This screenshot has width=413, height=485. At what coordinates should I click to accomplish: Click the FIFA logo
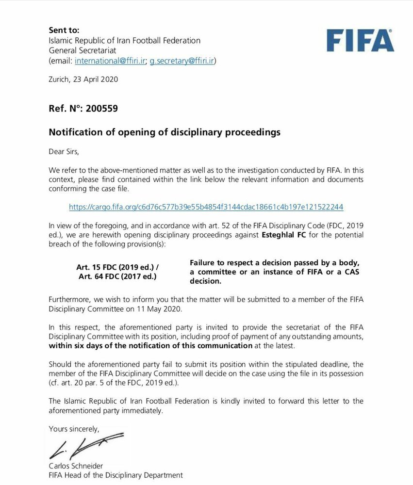(x=360, y=40)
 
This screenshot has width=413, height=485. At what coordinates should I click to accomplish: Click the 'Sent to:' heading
(x=64, y=30)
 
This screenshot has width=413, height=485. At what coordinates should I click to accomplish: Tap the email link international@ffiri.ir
(x=109, y=61)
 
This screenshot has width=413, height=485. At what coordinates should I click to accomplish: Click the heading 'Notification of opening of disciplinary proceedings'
(x=165, y=132)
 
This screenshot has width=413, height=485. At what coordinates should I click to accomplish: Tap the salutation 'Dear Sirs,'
(x=64, y=151)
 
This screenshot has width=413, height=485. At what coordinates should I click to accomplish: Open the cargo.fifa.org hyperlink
(x=206, y=207)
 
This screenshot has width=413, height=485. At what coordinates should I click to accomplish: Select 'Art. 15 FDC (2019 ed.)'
(x=117, y=267)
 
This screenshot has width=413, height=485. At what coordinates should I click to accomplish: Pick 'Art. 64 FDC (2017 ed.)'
(x=117, y=276)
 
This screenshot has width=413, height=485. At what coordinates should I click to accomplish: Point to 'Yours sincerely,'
(x=74, y=429)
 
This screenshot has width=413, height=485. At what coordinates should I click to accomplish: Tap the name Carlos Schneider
(x=76, y=466)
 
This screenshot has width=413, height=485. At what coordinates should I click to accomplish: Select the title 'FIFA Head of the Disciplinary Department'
(x=116, y=475)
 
